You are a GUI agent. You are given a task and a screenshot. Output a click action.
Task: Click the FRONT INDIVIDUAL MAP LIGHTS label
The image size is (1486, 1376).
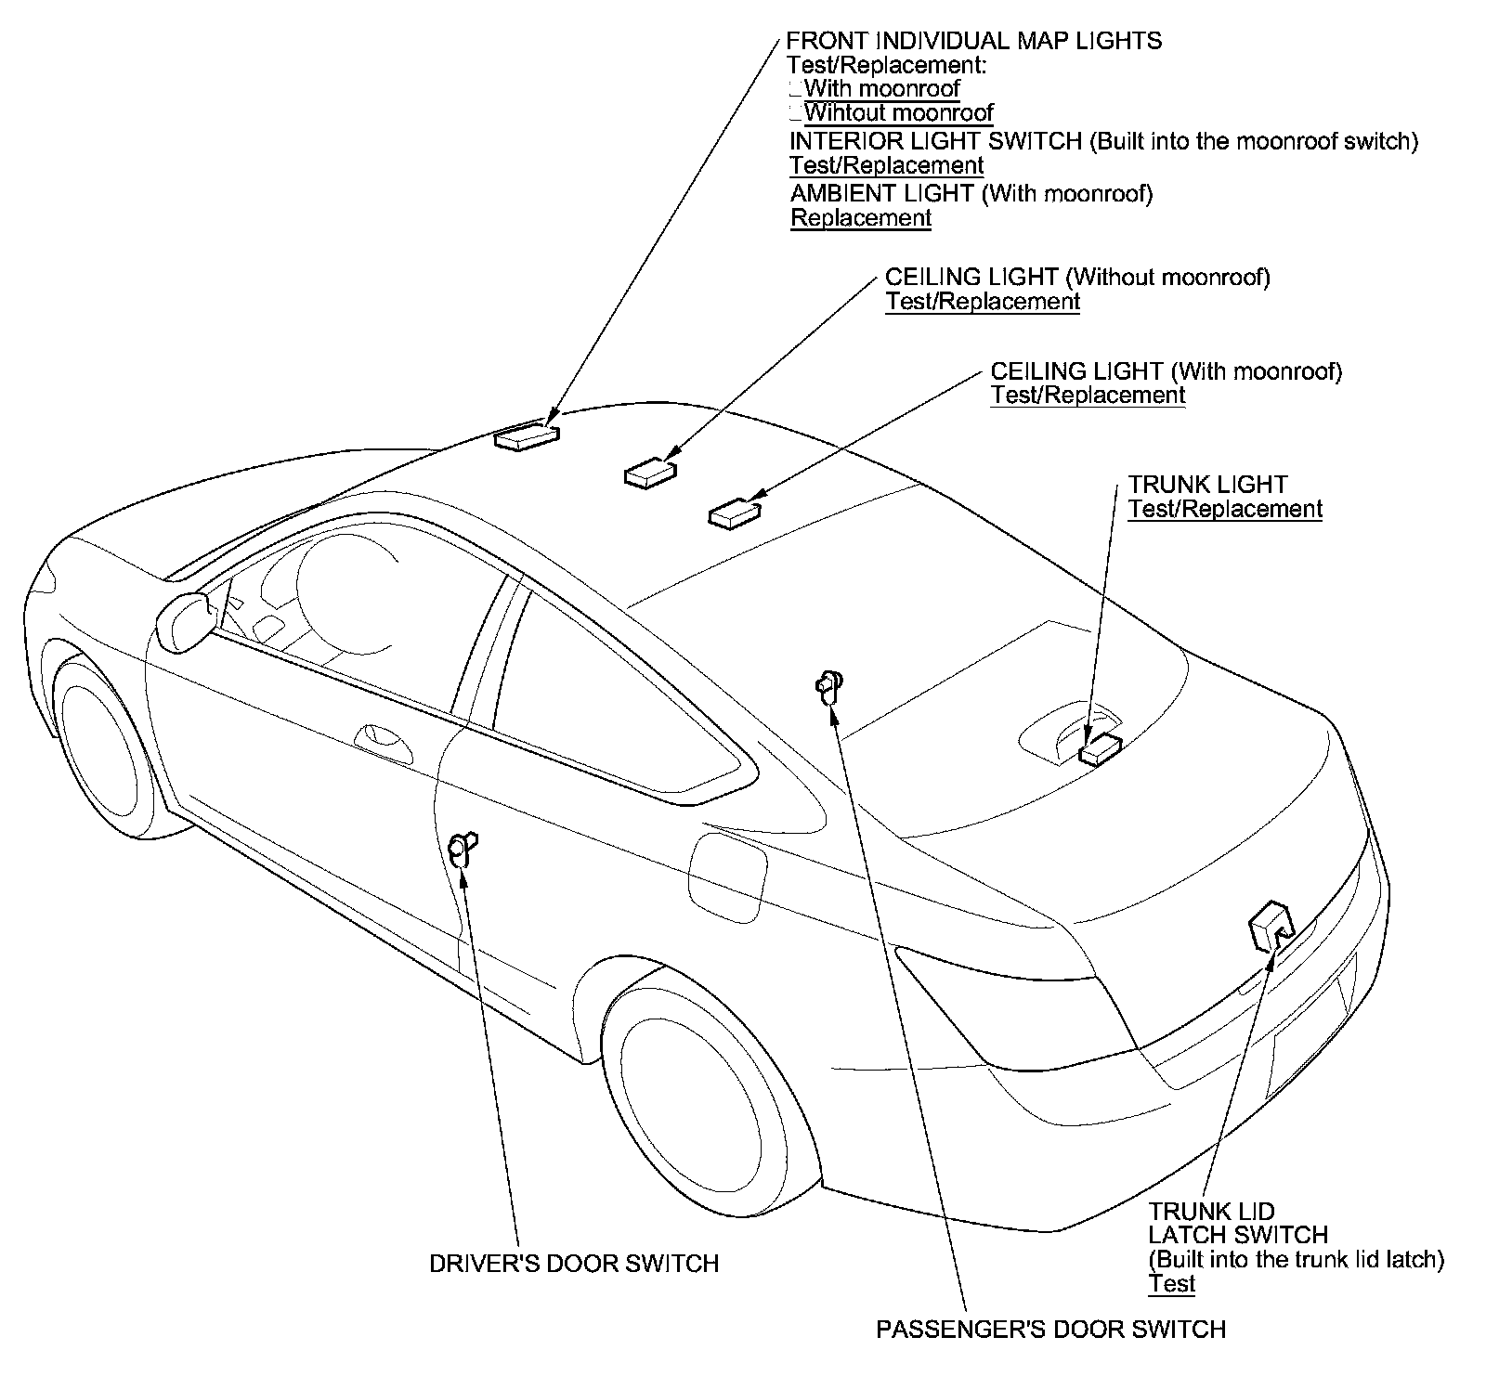(x=973, y=41)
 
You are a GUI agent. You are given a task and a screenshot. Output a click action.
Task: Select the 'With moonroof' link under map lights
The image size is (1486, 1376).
(x=881, y=89)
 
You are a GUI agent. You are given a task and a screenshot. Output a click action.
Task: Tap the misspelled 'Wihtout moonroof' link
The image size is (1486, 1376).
(x=898, y=113)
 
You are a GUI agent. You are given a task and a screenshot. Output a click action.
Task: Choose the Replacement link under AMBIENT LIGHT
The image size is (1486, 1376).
(x=861, y=218)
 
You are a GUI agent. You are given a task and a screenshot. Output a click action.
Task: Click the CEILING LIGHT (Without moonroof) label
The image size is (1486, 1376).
(x=1077, y=277)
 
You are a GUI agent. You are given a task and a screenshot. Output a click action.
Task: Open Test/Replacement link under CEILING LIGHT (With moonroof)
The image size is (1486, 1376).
(x=1088, y=396)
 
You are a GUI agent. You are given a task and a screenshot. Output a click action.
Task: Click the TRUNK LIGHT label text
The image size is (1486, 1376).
(x=1207, y=485)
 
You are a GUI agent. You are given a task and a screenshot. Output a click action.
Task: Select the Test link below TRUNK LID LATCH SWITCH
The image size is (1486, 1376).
(x=1171, y=1284)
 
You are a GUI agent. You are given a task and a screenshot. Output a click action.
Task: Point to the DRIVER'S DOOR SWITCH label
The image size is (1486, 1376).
(x=574, y=1264)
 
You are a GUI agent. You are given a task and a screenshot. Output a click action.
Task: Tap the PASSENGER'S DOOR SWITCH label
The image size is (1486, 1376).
(x=1050, y=1330)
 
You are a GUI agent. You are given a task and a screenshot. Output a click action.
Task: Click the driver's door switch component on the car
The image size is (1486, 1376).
(x=462, y=849)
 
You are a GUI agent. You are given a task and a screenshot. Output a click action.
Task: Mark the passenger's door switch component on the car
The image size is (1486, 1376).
(x=829, y=686)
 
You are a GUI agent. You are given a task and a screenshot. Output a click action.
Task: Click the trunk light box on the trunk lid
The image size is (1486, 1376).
(x=1101, y=746)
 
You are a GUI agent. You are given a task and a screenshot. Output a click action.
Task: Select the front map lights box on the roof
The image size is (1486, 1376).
(x=527, y=436)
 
